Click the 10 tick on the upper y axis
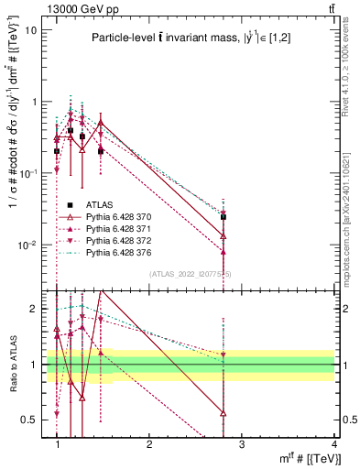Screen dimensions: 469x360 point(31,29)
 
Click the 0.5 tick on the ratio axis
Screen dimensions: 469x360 point(31,420)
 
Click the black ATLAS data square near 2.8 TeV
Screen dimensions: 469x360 point(224,217)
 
